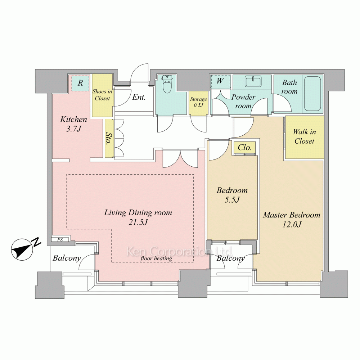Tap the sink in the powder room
point(253,82)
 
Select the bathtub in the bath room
point(312,94)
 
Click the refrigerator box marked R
point(80,83)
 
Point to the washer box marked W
point(220,81)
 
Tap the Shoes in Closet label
point(102,95)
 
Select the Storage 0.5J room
point(198,103)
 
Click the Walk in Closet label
point(305,136)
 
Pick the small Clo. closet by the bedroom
point(245,147)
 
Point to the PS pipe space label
point(60,240)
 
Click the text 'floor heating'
point(156,258)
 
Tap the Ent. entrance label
point(139,97)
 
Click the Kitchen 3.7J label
point(73,124)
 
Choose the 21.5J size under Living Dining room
point(138,222)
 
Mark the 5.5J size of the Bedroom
point(232,200)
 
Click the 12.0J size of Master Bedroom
point(292,224)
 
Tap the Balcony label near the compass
point(67,258)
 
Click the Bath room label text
point(289,87)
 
